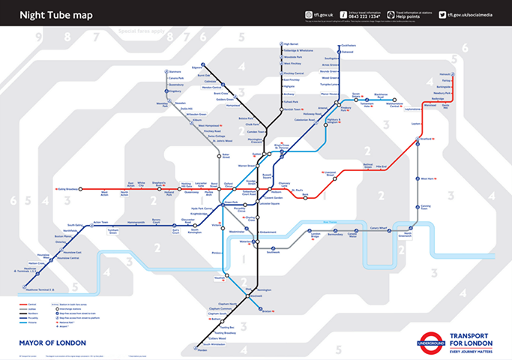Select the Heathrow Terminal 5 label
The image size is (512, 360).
pyautogui.click(x=37, y=289)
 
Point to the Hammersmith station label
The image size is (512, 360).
pyautogui.click(x=136, y=222)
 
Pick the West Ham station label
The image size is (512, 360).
pyautogui.click(x=428, y=178)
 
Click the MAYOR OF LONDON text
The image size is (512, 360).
pyautogui.click(x=52, y=343)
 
